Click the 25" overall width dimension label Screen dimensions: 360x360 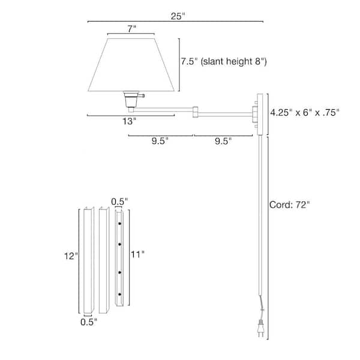pos(176,16)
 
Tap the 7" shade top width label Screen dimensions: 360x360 pos(131,28)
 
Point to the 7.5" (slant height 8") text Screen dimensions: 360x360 pos(224,61)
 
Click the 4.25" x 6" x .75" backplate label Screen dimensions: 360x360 pos(305,112)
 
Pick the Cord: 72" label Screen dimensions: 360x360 pos(289,205)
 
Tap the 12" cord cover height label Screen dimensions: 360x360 pos(71,256)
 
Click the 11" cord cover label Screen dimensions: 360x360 pos(138,254)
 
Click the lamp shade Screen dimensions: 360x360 pos(131,66)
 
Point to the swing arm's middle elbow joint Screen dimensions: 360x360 pos(196,110)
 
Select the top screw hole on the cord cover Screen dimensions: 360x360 pos(120,223)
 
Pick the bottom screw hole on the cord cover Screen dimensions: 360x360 pos(120,295)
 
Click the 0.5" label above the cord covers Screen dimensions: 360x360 pos(120,201)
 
